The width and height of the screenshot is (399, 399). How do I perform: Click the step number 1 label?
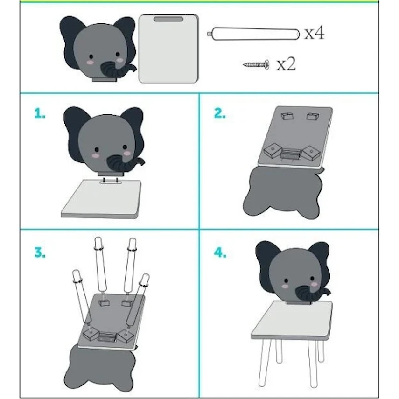click(40, 113)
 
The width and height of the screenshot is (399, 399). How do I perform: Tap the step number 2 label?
click(220, 113)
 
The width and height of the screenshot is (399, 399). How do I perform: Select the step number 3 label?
click(40, 252)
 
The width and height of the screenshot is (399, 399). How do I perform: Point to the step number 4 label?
click(220, 252)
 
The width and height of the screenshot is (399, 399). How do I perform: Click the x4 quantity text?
click(315, 33)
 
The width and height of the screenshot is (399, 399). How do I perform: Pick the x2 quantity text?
click(286, 64)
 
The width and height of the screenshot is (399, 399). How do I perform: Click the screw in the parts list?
click(256, 64)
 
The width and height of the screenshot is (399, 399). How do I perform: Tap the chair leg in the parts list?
click(253, 34)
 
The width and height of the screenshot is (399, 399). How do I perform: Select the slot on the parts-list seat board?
click(168, 19)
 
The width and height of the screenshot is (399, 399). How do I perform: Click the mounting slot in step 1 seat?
click(111, 182)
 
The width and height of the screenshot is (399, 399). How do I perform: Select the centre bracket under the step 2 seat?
click(290, 154)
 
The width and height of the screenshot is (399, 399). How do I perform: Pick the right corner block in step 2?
click(311, 153)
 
